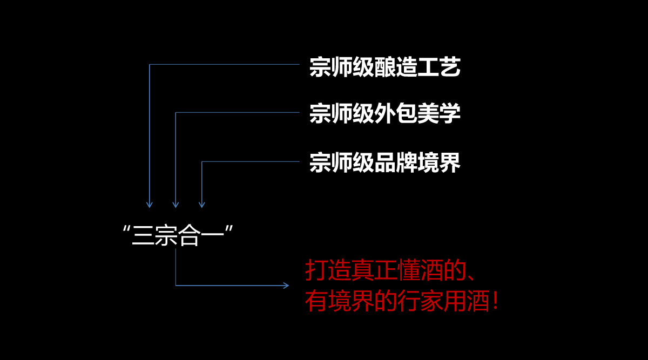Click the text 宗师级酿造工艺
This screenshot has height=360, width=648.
point(384,67)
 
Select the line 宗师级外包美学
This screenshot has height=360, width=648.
point(384,114)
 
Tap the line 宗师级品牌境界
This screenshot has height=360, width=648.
point(384,163)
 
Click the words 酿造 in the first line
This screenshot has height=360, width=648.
point(395,67)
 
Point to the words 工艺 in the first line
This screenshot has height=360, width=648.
point(438,67)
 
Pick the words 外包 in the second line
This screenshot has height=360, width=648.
point(395,114)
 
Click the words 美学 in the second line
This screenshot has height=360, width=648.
point(438,114)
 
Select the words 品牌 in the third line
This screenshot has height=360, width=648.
point(395,163)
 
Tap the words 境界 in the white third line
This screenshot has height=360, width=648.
point(438,163)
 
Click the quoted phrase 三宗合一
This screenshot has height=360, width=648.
point(178,236)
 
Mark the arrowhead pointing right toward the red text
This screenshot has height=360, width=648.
point(286,285)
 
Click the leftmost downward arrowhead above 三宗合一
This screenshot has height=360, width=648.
point(150,205)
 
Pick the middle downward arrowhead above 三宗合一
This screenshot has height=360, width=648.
point(175,205)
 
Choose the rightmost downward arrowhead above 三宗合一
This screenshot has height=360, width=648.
point(202,205)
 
